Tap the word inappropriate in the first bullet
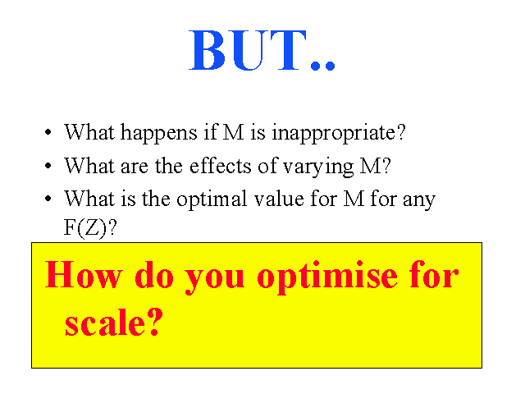click(x=339, y=133)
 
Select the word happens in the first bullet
click(x=158, y=133)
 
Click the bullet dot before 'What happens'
click(x=48, y=132)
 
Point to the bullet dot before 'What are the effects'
click(x=48, y=166)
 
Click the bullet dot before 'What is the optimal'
click(x=48, y=199)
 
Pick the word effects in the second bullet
click(x=221, y=166)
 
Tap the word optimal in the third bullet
click(x=212, y=199)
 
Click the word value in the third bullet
click(x=279, y=199)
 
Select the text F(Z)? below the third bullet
click(x=90, y=228)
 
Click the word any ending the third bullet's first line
click(x=419, y=200)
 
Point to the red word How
click(x=83, y=274)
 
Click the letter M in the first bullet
click(x=233, y=132)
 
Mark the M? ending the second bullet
click(x=375, y=165)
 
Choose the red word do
click(x=154, y=274)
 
